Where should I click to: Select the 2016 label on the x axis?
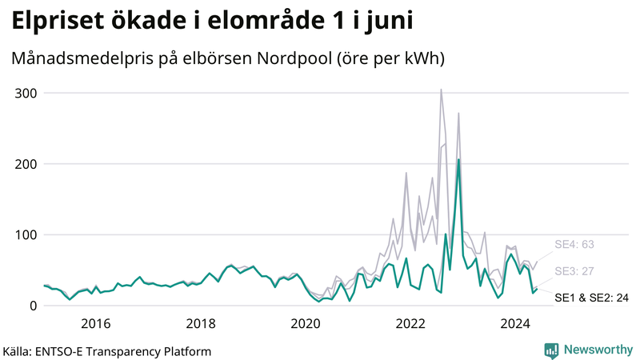tap(96, 323)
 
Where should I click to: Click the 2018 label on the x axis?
tap(201, 323)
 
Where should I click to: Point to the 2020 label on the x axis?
tap(306, 323)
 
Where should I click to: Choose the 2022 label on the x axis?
tap(410, 323)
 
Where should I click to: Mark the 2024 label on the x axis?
tap(515, 323)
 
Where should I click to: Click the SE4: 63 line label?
tap(574, 245)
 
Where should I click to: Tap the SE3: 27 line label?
tap(574, 271)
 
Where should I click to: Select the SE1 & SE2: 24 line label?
tap(591, 298)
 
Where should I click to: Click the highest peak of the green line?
tap(458, 160)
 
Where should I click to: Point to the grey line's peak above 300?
tap(441, 90)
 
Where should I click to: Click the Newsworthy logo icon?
tap(551, 350)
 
